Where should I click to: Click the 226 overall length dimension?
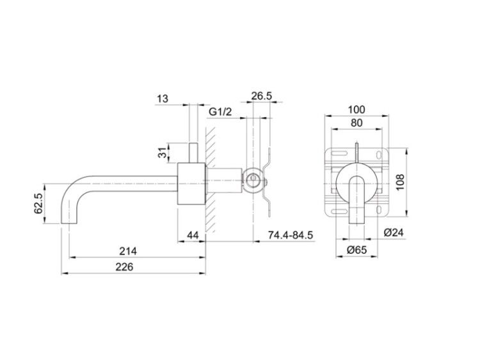tap(125, 267)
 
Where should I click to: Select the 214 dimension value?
tap(128, 251)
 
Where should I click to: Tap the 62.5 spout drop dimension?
tap(38, 203)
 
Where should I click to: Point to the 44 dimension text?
tap(193, 235)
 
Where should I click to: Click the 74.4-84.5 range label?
tap(291, 235)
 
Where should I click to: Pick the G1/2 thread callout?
tap(220, 112)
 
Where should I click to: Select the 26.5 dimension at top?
tap(261, 96)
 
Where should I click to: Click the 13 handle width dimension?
tap(163, 99)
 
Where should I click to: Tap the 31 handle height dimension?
tap(163, 152)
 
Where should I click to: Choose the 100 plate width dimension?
tap(356, 109)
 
